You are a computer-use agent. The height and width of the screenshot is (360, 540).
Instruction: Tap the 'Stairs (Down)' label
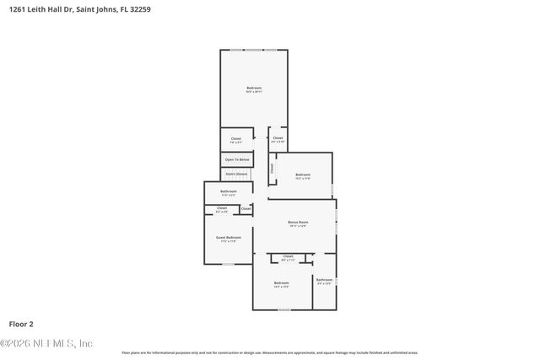pos(235,174)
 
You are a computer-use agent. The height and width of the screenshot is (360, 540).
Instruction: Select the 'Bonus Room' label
pos(297,223)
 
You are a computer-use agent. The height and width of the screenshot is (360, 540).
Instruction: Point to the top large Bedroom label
pos(254,89)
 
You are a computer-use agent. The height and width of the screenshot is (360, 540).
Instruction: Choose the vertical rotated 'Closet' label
pos(273,169)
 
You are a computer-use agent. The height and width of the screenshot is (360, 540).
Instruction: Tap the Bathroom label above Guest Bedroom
pos(228,192)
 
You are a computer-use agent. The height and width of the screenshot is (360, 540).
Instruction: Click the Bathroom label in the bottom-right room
pos(324,280)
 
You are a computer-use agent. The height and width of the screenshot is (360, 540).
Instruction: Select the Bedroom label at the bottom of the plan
pos(282,283)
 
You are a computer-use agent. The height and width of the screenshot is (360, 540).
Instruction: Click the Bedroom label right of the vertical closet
pos(303,175)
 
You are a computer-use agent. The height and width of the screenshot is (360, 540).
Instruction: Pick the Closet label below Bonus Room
pos(288,256)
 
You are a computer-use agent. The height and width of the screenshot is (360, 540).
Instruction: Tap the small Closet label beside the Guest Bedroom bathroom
pos(246,208)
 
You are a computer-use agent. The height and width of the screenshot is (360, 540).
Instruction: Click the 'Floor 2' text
pos(21,323)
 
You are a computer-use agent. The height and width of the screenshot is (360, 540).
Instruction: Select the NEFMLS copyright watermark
pos(46,343)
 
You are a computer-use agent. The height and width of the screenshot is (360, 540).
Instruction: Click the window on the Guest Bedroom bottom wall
pos(228,264)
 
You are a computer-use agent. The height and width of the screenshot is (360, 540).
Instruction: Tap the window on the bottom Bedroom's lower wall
pos(283,309)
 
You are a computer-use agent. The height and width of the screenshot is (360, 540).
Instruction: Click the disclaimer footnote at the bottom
pos(269,352)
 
